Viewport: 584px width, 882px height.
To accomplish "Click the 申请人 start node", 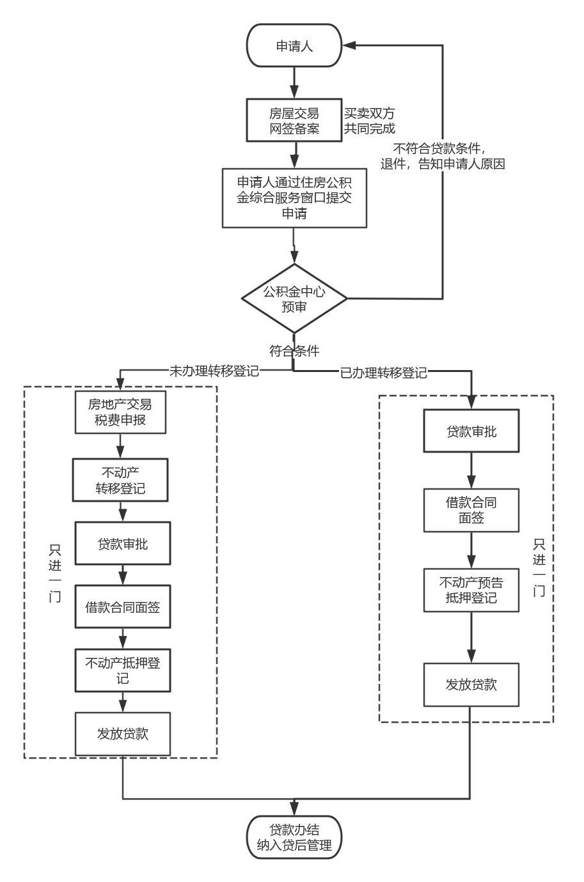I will point(294,45).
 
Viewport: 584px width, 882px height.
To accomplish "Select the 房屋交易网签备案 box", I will point(294,121).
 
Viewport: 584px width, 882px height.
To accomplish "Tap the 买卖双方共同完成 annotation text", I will point(370,121).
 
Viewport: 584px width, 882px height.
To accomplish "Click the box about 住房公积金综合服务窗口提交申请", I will point(294,197).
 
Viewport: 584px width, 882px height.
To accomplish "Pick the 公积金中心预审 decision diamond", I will point(294,298).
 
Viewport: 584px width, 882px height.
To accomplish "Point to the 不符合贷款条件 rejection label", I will point(443,155).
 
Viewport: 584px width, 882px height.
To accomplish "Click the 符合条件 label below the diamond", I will point(294,350).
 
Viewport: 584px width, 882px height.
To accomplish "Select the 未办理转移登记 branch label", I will point(214,371).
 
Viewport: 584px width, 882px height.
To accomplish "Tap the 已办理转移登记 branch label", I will point(383,373).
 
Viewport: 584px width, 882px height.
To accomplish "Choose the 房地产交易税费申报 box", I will point(120,412).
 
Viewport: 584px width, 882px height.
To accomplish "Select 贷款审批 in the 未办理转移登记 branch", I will point(123,543).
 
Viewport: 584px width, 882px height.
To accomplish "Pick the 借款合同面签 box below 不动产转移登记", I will point(123,607).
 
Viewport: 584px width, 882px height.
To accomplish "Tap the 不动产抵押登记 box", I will point(123,670).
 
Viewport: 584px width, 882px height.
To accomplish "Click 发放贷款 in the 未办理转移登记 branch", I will point(123,734).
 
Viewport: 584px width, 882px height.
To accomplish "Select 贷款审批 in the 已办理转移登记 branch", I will point(471,432).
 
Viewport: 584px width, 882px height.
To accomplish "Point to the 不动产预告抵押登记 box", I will point(471,590).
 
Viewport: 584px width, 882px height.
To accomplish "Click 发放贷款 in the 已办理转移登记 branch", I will point(471,685).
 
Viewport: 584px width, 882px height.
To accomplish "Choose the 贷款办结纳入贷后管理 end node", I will point(294,837).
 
